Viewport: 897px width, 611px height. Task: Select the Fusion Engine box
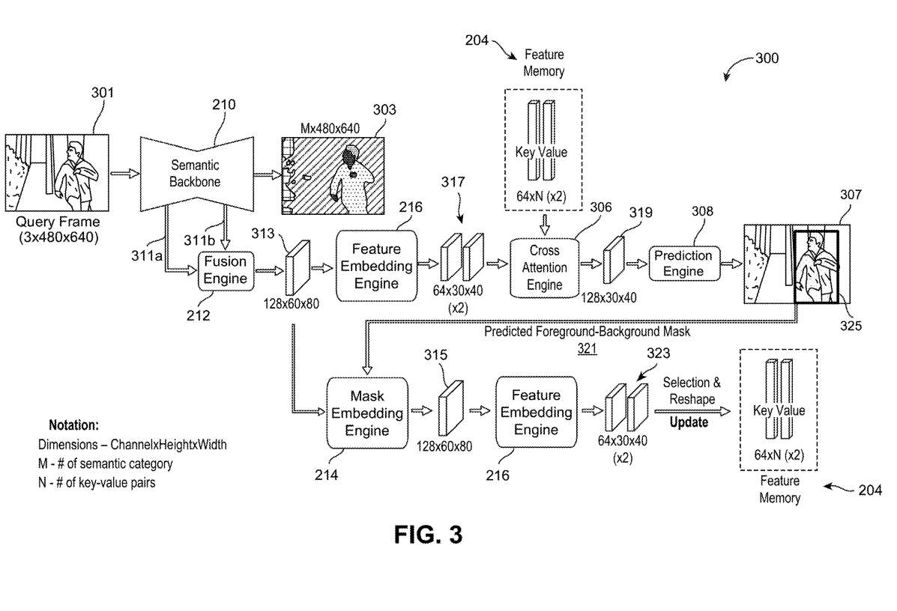[226, 271]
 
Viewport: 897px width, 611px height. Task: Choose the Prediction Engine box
[683, 264]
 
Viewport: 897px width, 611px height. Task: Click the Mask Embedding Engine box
[367, 413]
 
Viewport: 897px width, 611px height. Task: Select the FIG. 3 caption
[428, 534]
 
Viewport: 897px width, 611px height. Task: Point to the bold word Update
[688, 422]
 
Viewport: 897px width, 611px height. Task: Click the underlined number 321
[587, 347]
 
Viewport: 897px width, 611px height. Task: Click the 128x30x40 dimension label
[608, 297]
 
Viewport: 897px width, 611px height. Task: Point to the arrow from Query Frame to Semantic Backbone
[124, 173]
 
